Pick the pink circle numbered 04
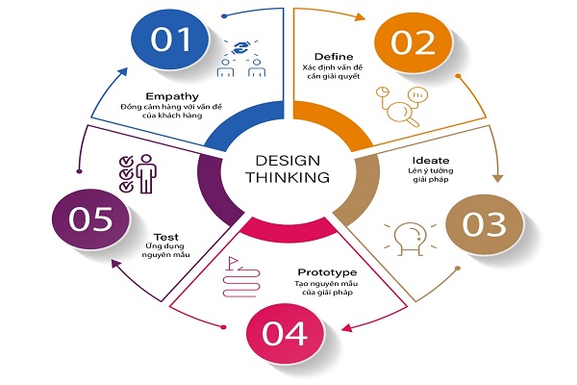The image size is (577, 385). click(286, 333)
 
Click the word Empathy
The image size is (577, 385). click(172, 95)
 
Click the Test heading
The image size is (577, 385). click(170, 234)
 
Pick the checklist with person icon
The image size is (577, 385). click(138, 173)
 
